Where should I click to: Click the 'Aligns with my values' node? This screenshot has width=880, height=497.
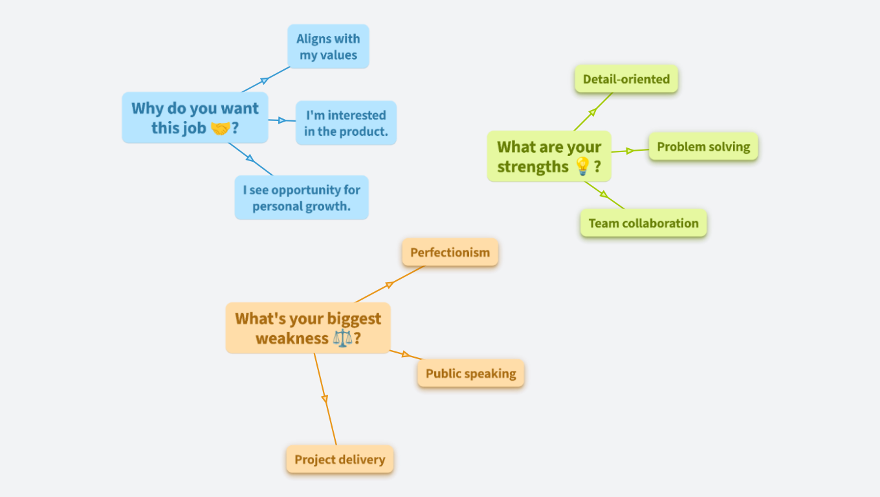click(x=328, y=47)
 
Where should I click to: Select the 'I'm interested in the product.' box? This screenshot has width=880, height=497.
click(x=346, y=123)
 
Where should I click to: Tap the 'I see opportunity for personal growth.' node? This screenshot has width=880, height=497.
click(x=302, y=197)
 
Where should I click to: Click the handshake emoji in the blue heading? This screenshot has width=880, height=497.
click(x=220, y=129)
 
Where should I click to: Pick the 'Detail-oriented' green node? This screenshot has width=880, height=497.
click(x=626, y=79)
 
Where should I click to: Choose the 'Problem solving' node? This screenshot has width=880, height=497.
click(x=703, y=147)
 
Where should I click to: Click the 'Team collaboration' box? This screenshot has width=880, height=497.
click(x=643, y=223)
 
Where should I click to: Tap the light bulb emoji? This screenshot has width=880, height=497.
click(x=582, y=167)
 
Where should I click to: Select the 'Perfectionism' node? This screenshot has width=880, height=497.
click(x=450, y=252)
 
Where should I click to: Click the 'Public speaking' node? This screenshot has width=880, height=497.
click(x=470, y=373)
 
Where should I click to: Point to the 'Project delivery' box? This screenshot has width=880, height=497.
click(x=340, y=459)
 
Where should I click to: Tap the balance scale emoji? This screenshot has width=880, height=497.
click(x=343, y=338)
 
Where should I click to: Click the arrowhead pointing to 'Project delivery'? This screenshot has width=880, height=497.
click(x=325, y=399)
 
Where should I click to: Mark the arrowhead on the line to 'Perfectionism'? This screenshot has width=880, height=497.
click(x=390, y=285)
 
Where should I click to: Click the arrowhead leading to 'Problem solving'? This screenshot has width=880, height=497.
click(x=630, y=151)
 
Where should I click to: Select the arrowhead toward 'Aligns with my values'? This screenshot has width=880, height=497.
click(x=264, y=81)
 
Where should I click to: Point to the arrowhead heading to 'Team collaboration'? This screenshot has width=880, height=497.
click(x=604, y=194)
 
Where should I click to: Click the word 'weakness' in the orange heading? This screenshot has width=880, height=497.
click(x=292, y=338)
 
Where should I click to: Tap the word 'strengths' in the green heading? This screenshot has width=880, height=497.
click(x=533, y=167)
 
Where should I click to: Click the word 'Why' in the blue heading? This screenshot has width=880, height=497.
click(x=147, y=109)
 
